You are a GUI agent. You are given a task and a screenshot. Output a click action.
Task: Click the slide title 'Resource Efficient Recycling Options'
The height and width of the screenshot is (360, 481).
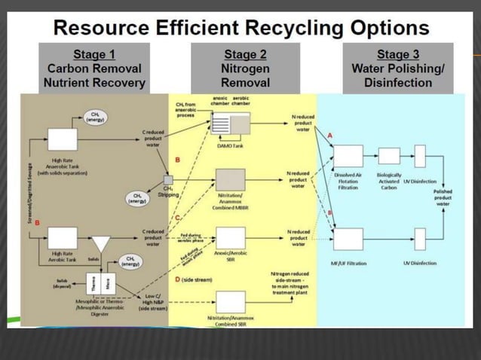tap(241, 29)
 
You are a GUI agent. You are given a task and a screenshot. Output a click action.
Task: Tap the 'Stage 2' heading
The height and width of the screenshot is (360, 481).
tap(245, 54)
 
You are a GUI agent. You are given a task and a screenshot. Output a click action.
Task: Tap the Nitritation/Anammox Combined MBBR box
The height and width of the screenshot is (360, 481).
tap(231, 181)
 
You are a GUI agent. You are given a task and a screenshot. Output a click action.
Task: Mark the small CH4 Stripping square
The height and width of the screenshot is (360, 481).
tap(168, 179)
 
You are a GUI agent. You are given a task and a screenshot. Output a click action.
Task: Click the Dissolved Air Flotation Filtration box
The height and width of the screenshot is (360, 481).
tap(348, 156)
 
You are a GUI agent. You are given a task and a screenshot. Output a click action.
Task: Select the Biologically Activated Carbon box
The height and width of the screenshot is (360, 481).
tap(389, 156)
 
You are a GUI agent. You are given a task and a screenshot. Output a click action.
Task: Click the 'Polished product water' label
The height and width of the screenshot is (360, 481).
tap(443, 198)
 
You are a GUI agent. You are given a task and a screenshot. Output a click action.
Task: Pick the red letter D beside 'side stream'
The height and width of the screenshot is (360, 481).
tap(177, 280)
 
